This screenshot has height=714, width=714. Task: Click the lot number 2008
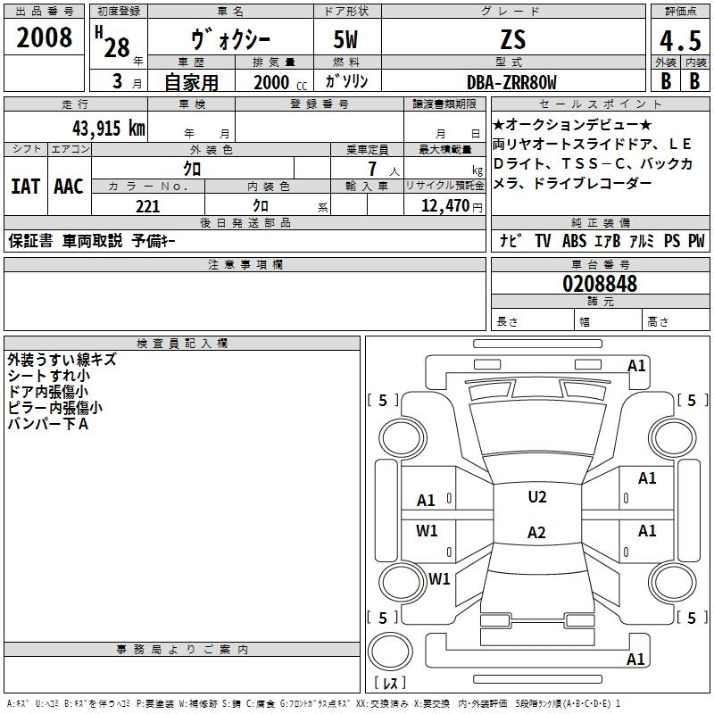point(45,38)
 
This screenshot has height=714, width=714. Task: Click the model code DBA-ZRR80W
point(511,82)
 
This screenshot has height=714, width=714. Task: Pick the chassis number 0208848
point(600,285)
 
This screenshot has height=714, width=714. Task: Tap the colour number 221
point(148,206)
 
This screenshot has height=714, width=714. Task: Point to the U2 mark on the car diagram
point(536,497)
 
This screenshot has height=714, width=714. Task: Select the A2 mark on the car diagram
point(536,533)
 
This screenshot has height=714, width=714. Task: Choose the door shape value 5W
point(347,39)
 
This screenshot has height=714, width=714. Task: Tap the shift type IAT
point(25,187)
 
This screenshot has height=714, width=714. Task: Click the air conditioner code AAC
point(69,187)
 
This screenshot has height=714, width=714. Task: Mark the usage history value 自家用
point(192,82)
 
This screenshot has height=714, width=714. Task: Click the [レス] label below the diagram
point(389,684)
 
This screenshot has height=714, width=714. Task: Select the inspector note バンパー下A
point(48,423)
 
